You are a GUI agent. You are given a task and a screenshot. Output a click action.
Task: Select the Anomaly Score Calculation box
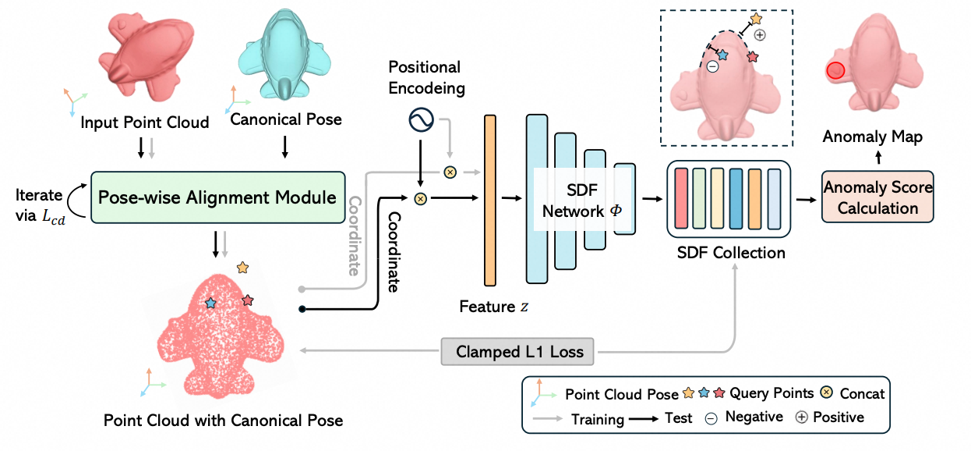[877, 198]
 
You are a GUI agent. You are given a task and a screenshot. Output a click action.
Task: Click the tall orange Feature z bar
[490, 200]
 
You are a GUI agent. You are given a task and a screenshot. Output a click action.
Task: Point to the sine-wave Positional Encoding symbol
[422, 120]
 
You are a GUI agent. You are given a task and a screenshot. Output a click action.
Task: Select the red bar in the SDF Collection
[681, 199]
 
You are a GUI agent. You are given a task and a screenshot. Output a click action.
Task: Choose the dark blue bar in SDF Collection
[735, 199]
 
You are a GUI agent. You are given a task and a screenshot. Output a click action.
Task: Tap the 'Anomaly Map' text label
[873, 137]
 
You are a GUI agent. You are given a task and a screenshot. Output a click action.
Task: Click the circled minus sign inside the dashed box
[713, 67]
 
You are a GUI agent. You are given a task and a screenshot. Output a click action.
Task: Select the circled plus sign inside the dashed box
[761, 34]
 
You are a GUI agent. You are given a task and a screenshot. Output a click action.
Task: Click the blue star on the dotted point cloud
[210, 303]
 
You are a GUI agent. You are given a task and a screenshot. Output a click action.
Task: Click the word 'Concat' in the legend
[863, 394]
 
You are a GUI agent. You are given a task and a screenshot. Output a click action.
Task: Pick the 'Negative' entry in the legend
[754, 417]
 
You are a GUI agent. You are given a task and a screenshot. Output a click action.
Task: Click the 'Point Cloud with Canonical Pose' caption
[223, 421]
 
